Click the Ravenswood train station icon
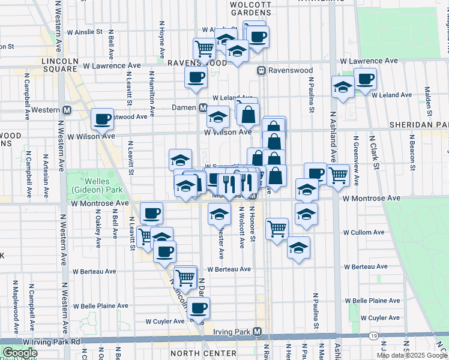[262, 71]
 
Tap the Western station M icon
[67, 110]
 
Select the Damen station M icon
[203, 107]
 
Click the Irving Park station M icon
[258, 331]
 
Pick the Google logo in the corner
[20, 353]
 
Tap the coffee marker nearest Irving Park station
[198, 308]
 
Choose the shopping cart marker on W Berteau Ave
[186, 277]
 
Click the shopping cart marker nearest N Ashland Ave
[339, 175]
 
